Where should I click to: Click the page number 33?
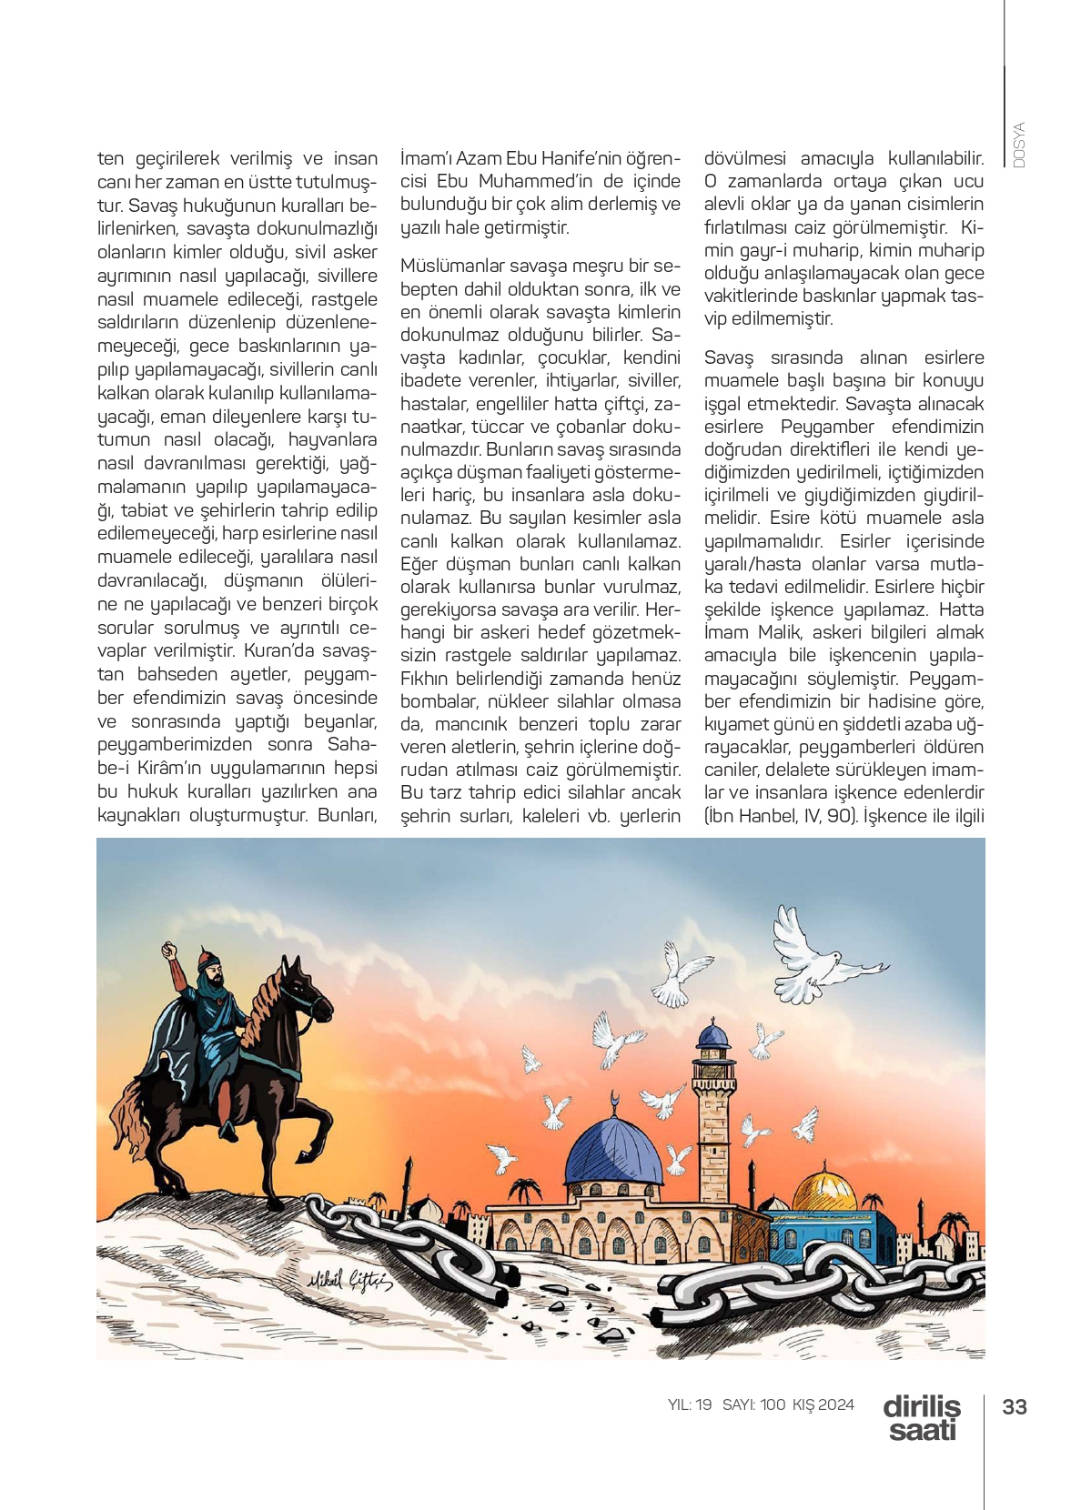pos(1014,1407)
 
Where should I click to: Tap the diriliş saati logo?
pos(921,1418)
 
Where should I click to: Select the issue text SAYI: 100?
pos(753,1404)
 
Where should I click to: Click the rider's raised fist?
pos(169,951)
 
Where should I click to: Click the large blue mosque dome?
pos(614,1151)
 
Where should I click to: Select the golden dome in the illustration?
pos(823,1188)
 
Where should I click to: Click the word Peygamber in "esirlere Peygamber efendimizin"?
pos(827,427)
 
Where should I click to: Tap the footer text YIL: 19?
pos(690,1404)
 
